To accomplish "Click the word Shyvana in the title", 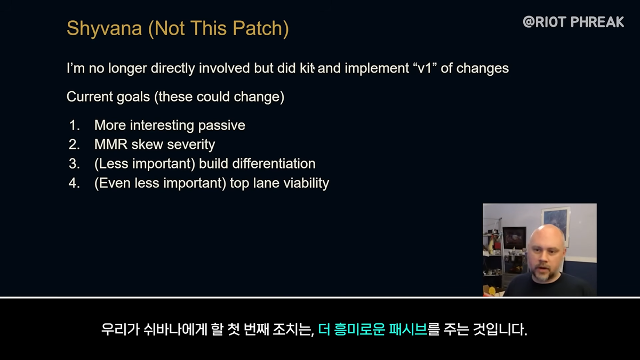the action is pyautogui.click(x=105, y=29).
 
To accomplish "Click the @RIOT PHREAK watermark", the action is pyautogui.click(x=573, y=22).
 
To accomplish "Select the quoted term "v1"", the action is pyautogui.click(x=425, y=68).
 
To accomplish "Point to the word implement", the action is pyautogui.click(x=377, y=69).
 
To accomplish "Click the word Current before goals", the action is pyautogui.click(x=90, y=97).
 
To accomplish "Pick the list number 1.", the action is pyautogui.click(x=74, y=125).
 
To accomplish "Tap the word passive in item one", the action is pyautogui.click(x=221, y=126).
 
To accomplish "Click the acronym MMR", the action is pyautogui.click(x=111, y=145).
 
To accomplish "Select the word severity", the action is pyautogui.click(x=191, y=145).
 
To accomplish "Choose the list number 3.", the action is pyautogui.click(x=74, y=164).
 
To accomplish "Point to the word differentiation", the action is pyautogui.click(x=274, y=164).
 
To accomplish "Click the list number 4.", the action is pyautogui.click(x=74, y=183).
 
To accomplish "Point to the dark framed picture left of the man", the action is pyautogui.click(x=514, y=238).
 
